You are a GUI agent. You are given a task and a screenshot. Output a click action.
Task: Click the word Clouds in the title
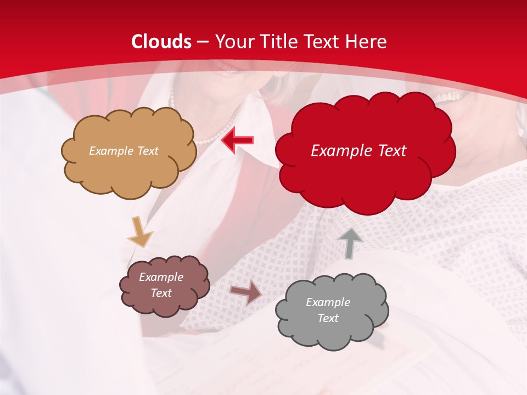162,42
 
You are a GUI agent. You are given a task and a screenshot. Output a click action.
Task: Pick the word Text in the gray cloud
328,318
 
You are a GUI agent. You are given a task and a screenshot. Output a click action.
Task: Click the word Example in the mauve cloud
161,277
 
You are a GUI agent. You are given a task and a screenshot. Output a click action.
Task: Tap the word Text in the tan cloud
147,150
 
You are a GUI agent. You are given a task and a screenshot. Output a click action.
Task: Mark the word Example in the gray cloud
328,302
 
